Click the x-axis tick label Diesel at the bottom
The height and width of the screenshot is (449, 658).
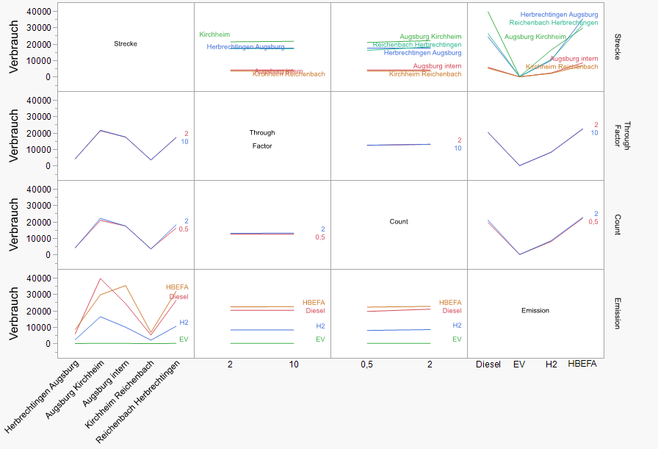click(x=488, y=364)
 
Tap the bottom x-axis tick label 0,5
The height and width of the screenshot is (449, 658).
click(x=366, y=364)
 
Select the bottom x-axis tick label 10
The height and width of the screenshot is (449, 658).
click(x=294, y=364)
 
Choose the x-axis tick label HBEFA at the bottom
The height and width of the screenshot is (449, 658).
click(x=582, y=364)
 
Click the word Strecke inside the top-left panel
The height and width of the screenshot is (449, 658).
click(x=126, y=44)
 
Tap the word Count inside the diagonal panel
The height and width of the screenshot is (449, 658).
click(x=399, y=221)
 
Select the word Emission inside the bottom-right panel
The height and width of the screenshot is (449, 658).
click(x=535, y=311)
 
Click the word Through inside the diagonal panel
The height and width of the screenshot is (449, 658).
click(x=262, y=133)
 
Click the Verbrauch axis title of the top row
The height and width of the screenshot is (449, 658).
click(x=14, y=46)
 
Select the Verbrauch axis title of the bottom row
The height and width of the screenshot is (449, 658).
click(x=14, y=313)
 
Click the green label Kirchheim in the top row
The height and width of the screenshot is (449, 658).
click(x=214, y=35)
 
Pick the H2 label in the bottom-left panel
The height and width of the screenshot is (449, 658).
click(x=184, y=323)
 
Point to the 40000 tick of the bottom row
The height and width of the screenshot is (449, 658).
click(x=38, y=279)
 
